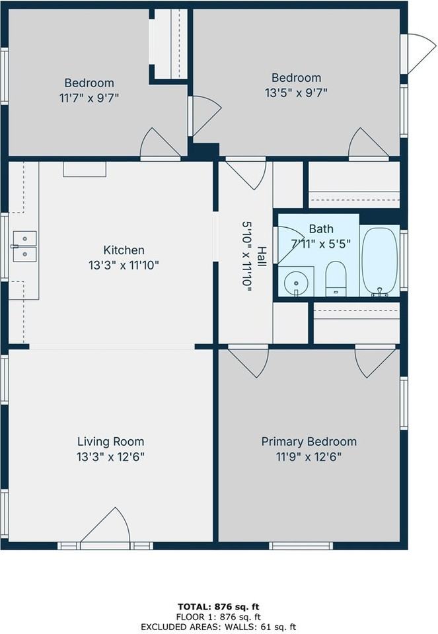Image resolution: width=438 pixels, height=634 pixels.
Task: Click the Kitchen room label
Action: point(124,250)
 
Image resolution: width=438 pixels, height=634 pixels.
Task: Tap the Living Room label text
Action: point(110,442)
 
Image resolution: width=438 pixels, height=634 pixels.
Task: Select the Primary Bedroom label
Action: point(309,442)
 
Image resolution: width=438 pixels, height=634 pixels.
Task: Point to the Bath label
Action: point(321,229)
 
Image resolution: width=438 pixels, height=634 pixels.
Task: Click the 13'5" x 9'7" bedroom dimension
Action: point(296,93)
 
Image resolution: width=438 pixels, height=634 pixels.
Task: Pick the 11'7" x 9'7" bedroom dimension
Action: point(89,98)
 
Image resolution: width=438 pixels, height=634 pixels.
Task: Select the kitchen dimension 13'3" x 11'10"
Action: point(124,265)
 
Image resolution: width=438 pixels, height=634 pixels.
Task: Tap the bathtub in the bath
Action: point(380,262)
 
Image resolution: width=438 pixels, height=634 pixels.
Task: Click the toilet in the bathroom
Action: point(336,279)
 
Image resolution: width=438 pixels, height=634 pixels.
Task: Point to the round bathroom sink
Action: point(296,283)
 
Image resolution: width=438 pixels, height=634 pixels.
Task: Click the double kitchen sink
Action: point(24,246)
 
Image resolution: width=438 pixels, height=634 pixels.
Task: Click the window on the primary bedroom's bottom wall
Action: point(301,546)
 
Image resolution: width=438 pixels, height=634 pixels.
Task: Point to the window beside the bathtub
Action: point(404,260)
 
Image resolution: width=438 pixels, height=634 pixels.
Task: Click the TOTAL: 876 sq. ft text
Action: point(219,606)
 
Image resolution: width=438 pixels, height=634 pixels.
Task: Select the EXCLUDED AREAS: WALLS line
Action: point(219,627)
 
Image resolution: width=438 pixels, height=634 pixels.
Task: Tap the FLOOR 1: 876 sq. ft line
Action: point(219,617)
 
